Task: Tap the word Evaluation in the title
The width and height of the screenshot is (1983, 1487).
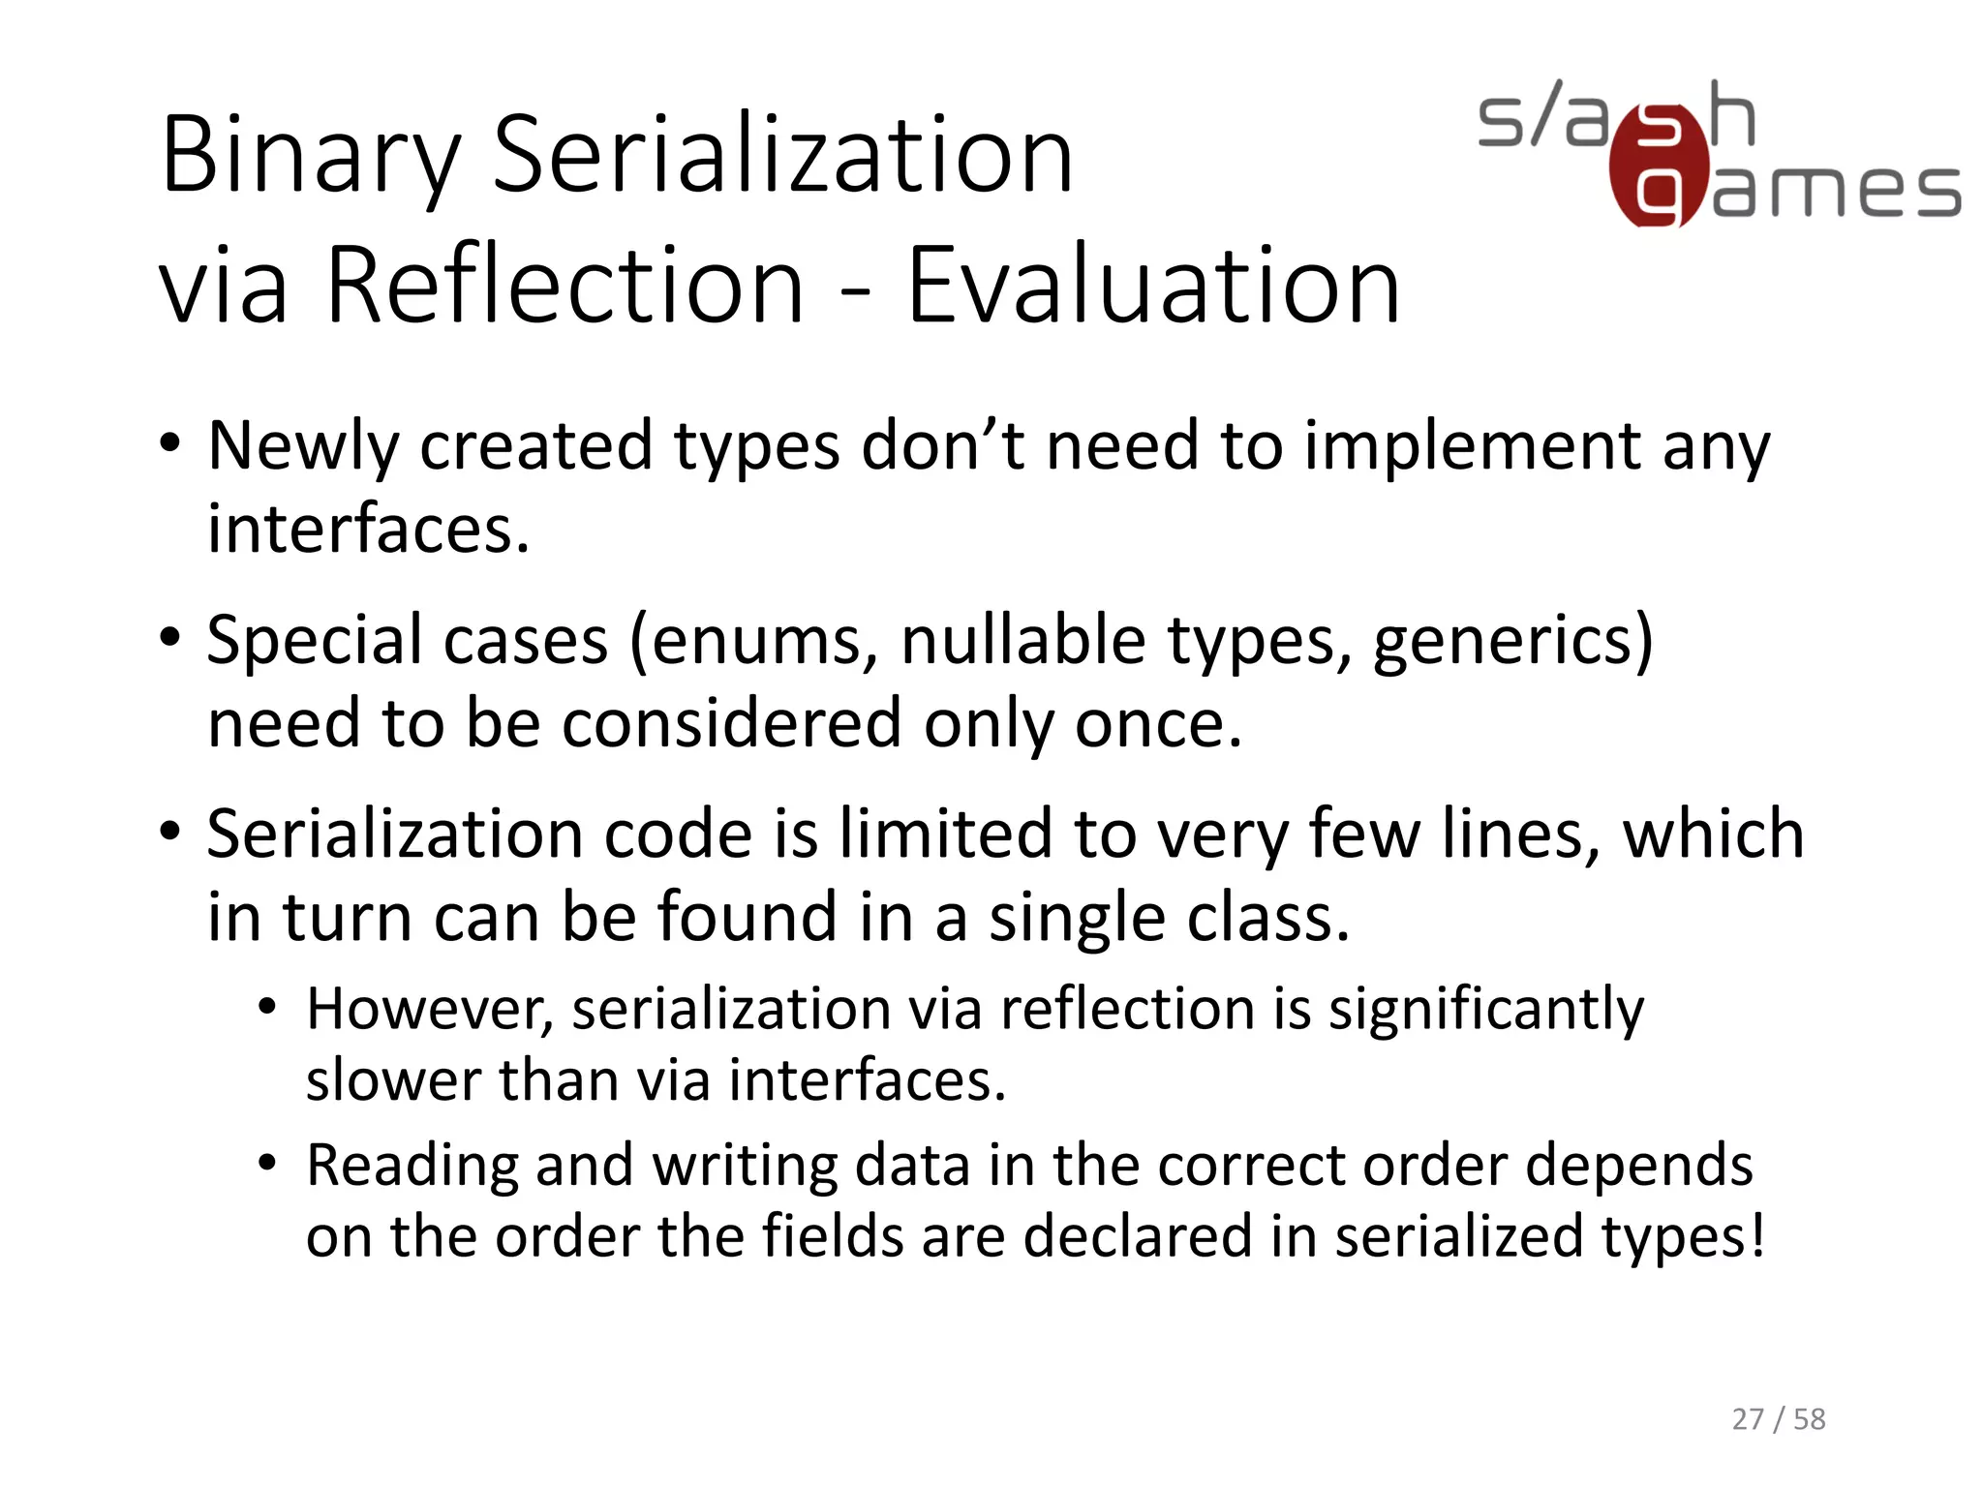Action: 1153,287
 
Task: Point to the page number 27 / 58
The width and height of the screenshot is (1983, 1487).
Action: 1778,1419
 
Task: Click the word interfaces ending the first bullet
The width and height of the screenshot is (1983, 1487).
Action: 369,530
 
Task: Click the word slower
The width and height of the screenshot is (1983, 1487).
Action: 392,1080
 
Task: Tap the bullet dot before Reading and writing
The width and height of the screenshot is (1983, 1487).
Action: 268,1163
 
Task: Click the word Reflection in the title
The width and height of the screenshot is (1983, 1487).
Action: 564,287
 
